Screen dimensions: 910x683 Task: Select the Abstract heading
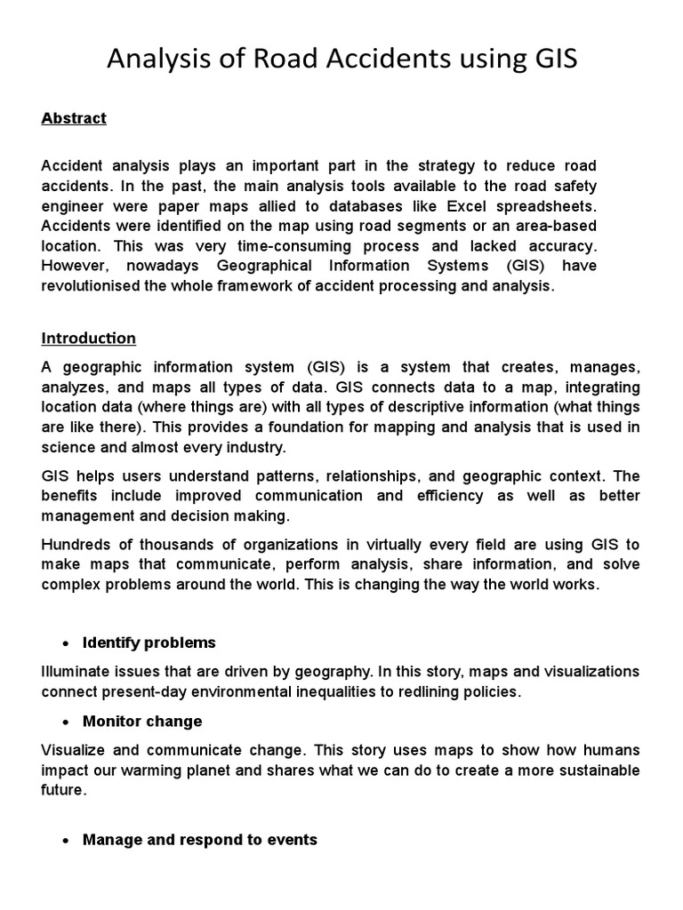pos(74,118)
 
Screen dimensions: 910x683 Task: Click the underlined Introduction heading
pos(88,339)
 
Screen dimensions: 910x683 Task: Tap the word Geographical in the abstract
pos(262,266)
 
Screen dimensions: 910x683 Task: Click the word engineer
pos(74,204)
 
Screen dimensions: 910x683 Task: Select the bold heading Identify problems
pos(149,643)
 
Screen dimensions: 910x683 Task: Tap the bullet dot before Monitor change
pos(53,722)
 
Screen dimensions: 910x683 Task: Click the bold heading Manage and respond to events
pos(199,839)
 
